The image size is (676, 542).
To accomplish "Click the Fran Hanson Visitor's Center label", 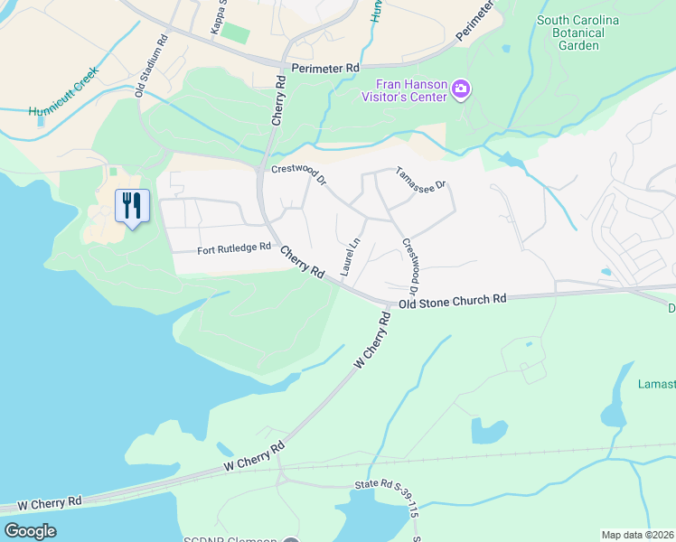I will tap(404, 89).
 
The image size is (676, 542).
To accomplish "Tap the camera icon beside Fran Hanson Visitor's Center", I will tap(461, 89).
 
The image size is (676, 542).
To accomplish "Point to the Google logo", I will tap(30, 531).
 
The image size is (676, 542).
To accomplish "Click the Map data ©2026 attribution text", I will tap(637, 535).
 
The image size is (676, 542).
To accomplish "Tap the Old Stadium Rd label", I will tap(151, 65).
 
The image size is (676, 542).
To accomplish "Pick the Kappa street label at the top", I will tap(217, 18).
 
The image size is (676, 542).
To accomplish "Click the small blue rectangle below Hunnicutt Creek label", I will tap(40, 121).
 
